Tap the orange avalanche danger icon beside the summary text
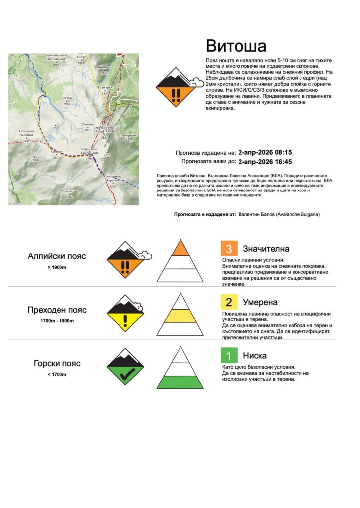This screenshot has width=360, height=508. [175, 87]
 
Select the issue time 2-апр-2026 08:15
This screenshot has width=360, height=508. [265, 152]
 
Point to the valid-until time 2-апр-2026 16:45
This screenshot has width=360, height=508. [265, 161]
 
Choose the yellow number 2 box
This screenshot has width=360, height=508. [229, 302]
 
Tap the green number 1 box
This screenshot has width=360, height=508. [229, 355]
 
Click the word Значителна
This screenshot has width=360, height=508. [266, 249]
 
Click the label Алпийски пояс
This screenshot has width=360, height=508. [57, 256]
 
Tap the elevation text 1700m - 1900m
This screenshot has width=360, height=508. [57, 321]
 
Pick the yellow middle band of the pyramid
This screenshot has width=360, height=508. [181, 316]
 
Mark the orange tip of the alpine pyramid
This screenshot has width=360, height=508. [181, 249]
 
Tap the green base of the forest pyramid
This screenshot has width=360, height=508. [181, 382]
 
